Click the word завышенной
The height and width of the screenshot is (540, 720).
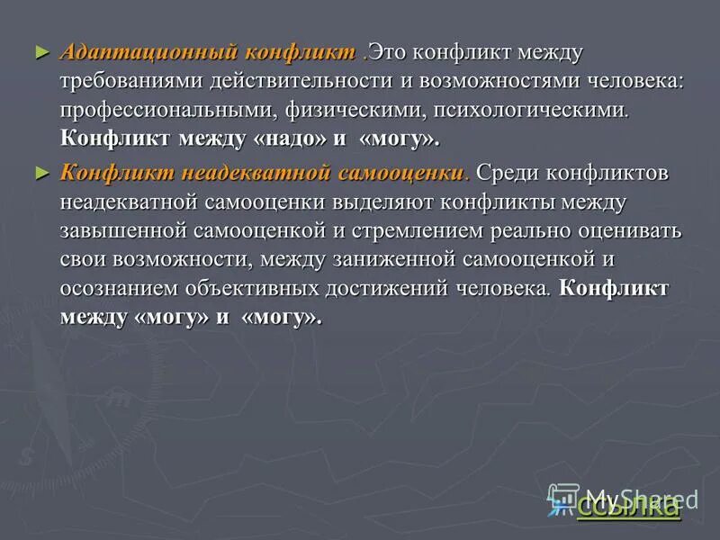[x=123, y=231]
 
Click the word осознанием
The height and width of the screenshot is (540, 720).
[x=120, y=289]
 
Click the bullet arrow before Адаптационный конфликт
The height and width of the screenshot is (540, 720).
[x=39, y=51]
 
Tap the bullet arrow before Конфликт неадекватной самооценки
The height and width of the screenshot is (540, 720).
[x=39, y=171]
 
